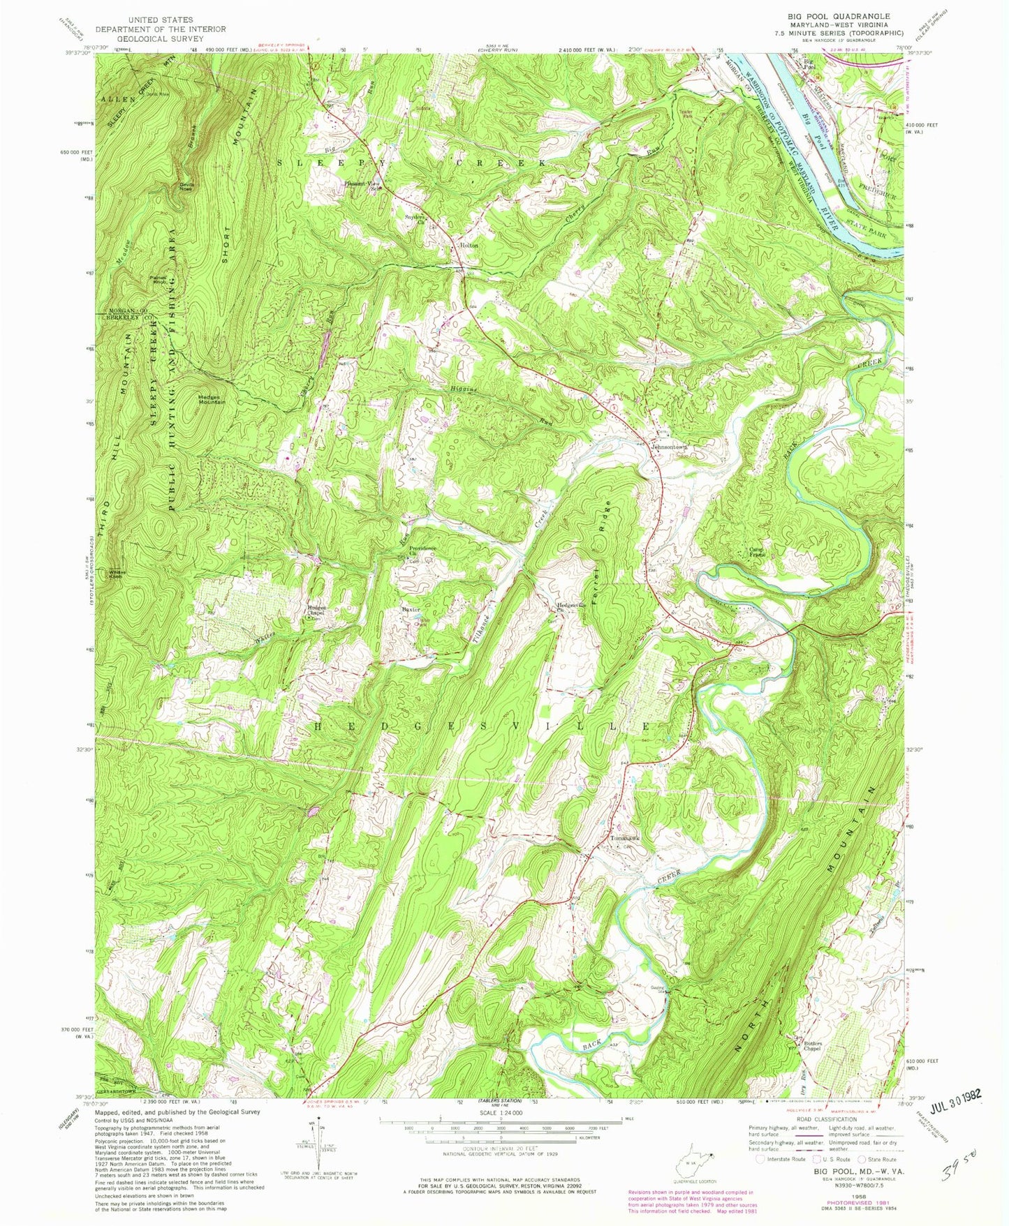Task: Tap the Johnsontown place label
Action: (x=670, y=447)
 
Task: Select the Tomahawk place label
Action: (x=624, y=838)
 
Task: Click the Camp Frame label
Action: (x=758, y=552)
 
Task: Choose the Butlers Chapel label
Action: (x=811, y=1047)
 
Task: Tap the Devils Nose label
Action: (x=186, y=187)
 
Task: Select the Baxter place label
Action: (x=411, y=609)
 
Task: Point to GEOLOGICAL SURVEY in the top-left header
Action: (x=160, y=38)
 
